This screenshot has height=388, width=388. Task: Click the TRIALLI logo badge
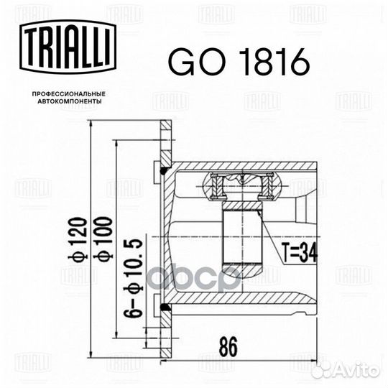[68, 47]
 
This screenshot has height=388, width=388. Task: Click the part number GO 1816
[239, 61]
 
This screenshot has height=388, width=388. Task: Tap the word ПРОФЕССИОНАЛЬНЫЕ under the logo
[69, 94]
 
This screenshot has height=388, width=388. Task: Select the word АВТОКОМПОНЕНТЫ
[70, 101]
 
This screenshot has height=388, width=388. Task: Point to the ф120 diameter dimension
[78, 238]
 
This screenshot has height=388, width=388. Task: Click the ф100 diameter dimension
[103, 238]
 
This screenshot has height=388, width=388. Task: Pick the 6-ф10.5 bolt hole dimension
[134, 279]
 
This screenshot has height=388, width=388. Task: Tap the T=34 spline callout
[300, 252]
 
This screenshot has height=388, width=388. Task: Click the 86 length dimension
[228, 346]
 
